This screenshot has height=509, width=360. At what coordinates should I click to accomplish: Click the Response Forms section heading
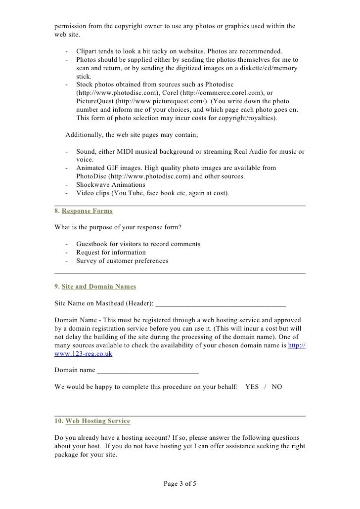tap(87, 211)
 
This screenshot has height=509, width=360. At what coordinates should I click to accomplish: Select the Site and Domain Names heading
tap(99, 287)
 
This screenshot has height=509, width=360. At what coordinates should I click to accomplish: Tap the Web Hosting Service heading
tap(97, 421)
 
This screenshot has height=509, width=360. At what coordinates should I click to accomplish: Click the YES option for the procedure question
tap(252, 387)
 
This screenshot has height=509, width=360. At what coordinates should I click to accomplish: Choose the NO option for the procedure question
tap(277, 387)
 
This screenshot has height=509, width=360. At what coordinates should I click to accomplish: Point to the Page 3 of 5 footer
tap(180, 483)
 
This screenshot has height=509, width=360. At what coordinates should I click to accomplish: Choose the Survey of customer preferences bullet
tap(122, 261)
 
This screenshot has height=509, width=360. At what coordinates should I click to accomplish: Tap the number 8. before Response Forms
tap(57, 211)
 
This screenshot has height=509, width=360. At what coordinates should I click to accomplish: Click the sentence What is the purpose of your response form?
tap(118, 228)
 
